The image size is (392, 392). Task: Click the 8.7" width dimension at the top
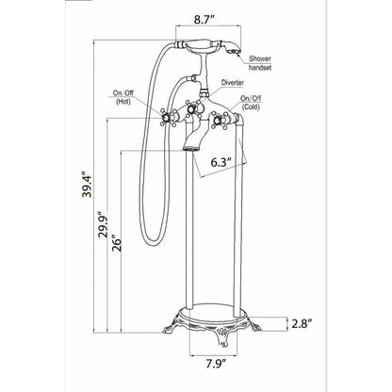tap(204, 20)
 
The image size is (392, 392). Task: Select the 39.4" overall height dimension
tap(87, 184)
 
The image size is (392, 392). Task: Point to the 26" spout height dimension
tap(116, 243)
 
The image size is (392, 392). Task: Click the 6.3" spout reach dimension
tap(221, 162)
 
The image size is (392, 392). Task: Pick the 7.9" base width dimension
tap(217, 365)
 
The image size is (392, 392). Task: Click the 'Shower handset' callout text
tap(260, 63)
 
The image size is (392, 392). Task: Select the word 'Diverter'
tap(233, 83)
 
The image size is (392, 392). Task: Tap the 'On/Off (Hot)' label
tap(123, 97)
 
